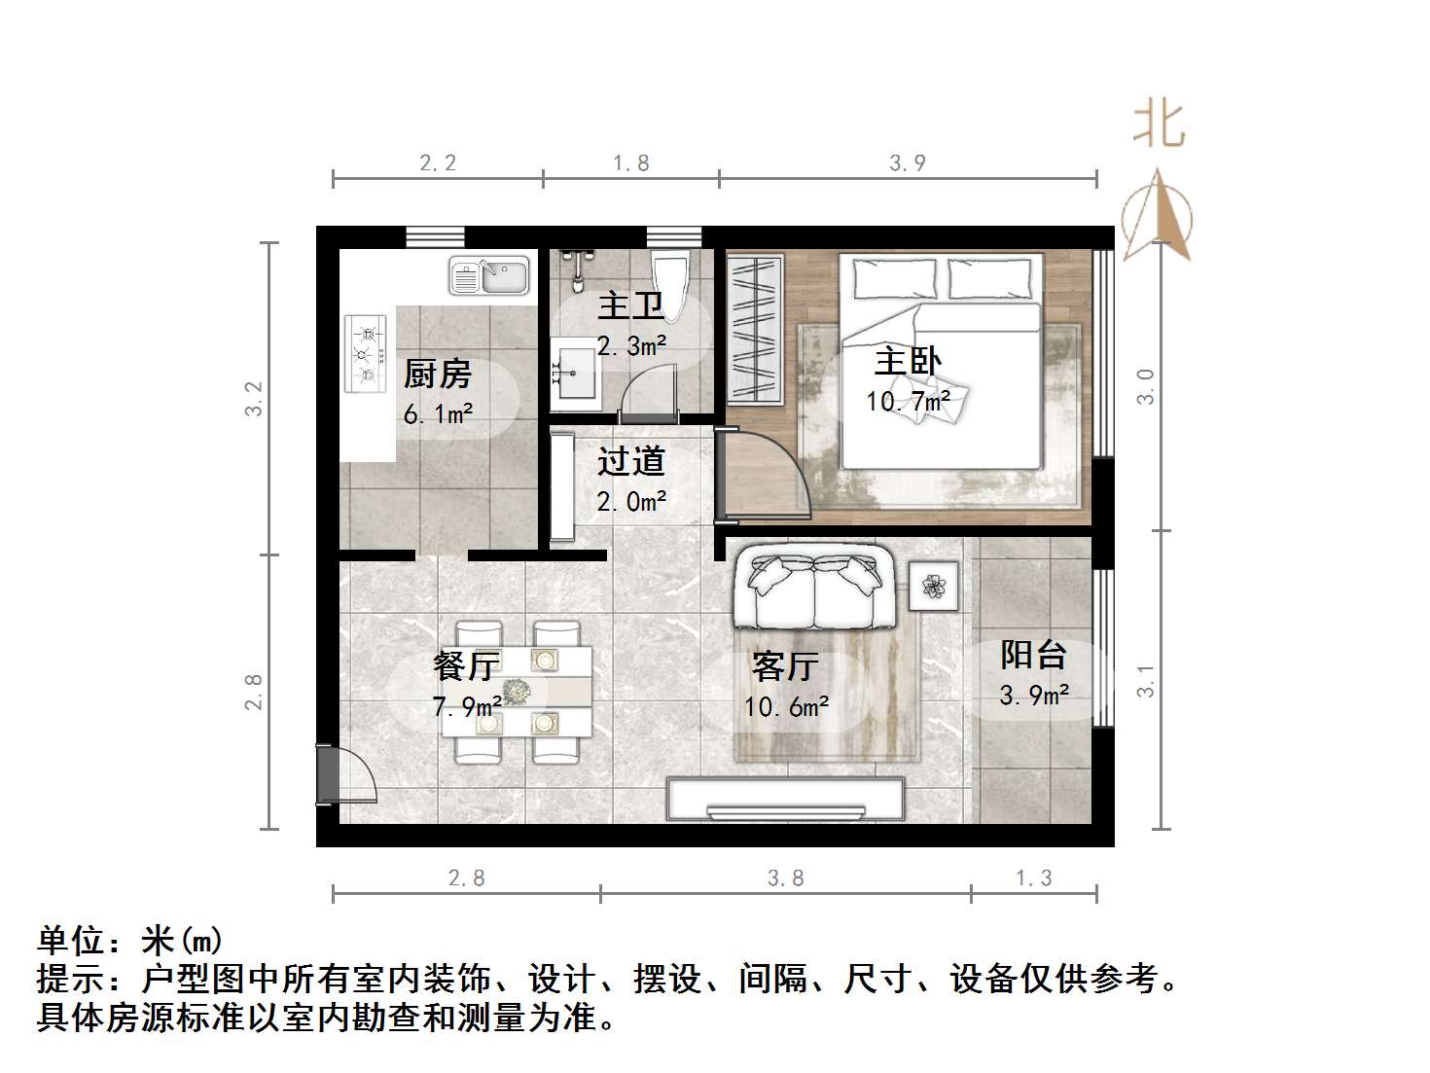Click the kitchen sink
[489, 275]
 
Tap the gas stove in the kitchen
[366, 353]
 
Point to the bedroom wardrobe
[755, 329]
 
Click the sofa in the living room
[814, 590]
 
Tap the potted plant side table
[934, 586]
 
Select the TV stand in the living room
[785, 801]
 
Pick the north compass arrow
[1157, 216]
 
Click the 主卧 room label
[907, 362]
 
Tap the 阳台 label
[1033, 655]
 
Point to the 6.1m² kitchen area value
[438, 414]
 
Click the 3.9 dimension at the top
[907, 163]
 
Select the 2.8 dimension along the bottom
[466, 878]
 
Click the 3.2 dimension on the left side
[254, 398]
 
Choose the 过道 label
[630, 461]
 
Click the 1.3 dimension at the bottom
[1034, 878]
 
